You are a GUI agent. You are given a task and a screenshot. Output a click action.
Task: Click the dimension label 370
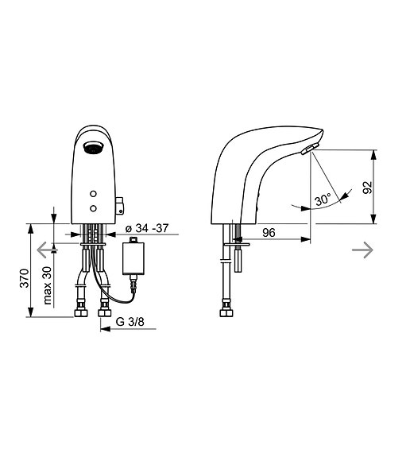click(x=26, y=277)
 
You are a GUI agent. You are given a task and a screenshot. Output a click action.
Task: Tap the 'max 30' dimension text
click(x=48, y=285)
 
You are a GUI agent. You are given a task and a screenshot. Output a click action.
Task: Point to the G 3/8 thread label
click(x=130, y=323)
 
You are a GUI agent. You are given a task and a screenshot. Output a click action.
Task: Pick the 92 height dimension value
click(x=389, y=187)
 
